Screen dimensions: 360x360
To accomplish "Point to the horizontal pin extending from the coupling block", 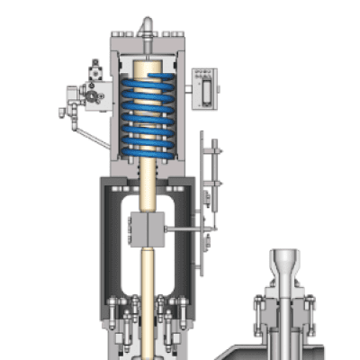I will tap(184, 231).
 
